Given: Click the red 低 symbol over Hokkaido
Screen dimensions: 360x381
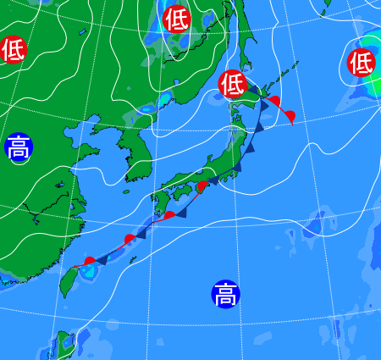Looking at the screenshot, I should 232,83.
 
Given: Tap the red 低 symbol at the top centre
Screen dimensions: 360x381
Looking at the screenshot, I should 176,19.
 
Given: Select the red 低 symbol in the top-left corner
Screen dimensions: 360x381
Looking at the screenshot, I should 13,50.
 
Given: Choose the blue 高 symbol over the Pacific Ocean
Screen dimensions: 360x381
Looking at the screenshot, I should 225,294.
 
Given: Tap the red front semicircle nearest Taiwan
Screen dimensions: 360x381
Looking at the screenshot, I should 90,261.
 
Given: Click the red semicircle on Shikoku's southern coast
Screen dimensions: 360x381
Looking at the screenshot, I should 169,215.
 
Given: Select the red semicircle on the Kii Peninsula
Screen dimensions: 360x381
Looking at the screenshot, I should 202,186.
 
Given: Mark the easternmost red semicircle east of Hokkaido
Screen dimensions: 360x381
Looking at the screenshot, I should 290,114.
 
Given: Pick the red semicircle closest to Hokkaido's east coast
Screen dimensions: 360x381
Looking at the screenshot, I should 273,102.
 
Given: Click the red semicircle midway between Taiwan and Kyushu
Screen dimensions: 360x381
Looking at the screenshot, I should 130,239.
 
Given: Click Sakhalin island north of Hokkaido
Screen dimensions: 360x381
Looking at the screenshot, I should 241,34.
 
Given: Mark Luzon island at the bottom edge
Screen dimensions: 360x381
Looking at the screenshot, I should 63,347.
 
